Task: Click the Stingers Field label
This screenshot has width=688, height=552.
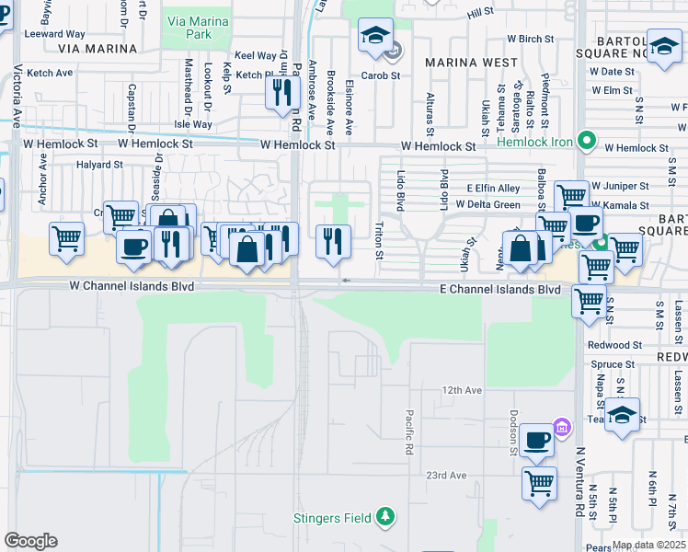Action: click(x=332, y=518)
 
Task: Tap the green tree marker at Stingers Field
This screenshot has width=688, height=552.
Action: click(x=387, y=517)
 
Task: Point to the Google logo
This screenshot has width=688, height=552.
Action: click(x=30, y=540)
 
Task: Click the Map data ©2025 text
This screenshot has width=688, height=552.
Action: click(x=649, y=545)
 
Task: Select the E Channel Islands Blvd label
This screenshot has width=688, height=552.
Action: click(x=498, y=289)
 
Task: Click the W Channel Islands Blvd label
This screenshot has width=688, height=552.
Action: click(x=132, y=287)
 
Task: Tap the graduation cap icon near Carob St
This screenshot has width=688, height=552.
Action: click(x=375, y=36)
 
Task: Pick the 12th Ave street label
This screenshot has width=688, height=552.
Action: click(x=462, y=390)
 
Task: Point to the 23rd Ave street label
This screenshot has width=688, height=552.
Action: click(x=447, y=475)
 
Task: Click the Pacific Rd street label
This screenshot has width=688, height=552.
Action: click(x=409, y=432)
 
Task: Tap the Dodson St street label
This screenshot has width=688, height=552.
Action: click(x=514, y=432)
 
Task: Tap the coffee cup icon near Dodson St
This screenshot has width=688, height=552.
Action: click(x=537, y=440)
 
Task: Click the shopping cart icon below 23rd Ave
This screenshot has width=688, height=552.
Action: click(x=539, y=481)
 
